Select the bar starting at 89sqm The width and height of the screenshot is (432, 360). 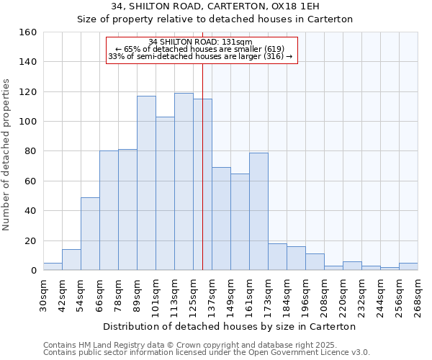point(146,183)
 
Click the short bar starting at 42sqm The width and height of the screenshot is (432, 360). point(71,259)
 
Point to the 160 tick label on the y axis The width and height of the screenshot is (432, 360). point(27,32)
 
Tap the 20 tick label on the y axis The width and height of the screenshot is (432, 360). point(30,240)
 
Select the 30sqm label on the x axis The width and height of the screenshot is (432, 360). point(43,294)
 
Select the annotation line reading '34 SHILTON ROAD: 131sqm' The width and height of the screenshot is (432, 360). point(201,42)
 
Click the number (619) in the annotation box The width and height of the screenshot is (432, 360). point(274,49)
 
